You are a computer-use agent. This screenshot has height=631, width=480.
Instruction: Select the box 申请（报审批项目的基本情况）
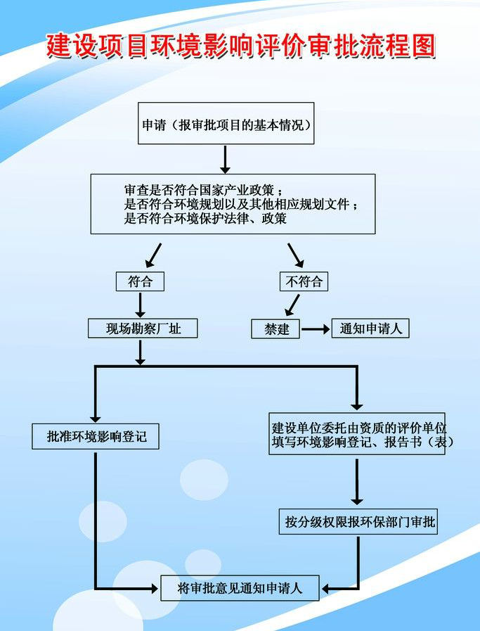coord(226,124)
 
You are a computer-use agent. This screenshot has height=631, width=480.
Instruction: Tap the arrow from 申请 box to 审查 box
coord(226,159)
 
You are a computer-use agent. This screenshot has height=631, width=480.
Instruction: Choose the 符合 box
coord(140,281)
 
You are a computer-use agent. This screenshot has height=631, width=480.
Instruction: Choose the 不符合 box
coord(304,281)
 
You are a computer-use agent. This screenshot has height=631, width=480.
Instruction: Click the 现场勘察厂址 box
coord(143,328)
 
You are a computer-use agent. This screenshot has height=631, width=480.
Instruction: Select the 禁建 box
coord(275,329)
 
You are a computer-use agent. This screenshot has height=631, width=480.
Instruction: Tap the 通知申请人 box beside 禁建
coord(370,329)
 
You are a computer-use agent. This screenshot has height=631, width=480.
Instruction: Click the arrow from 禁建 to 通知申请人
coord(316,329)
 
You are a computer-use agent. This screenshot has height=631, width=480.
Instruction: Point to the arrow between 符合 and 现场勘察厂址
coord(140,305)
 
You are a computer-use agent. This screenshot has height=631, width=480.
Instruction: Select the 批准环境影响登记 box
coord(96,436)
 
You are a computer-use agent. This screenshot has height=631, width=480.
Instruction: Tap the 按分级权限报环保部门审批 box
coord(358,522)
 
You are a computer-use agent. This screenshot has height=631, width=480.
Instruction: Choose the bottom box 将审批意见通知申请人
coord(240,588)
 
